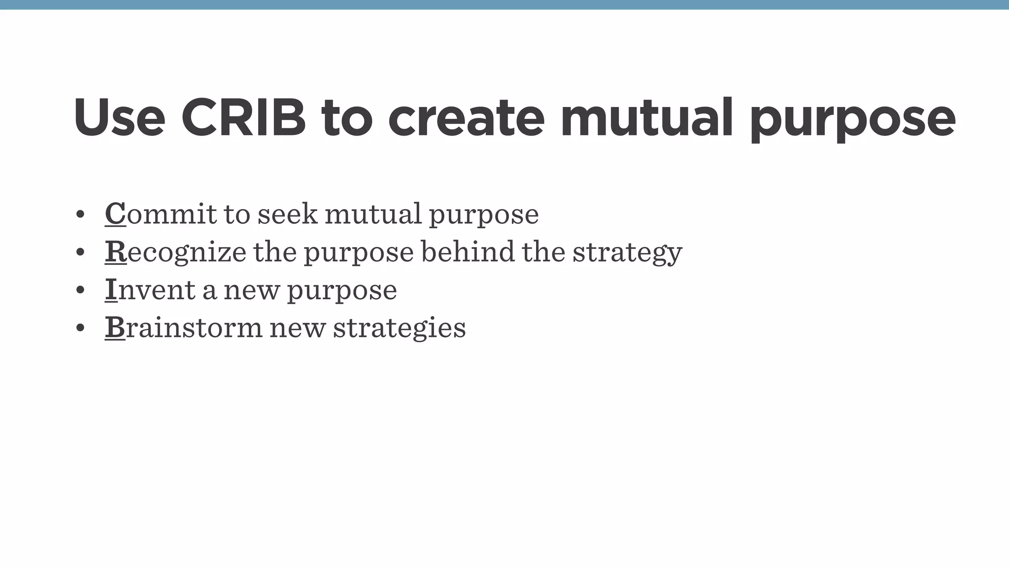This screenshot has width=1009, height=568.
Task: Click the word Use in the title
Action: click(119, 118)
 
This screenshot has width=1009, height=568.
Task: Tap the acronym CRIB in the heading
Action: click(244, 118)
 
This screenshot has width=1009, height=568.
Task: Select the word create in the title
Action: click(466, 118)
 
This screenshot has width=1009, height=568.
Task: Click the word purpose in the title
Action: click(853, 121)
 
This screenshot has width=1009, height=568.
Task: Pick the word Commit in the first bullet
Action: click(161, 214)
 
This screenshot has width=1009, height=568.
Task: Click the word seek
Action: click(288, 214)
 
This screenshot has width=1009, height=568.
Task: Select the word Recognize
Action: click(175, 252)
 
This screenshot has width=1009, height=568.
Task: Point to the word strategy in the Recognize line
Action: click(627, 252)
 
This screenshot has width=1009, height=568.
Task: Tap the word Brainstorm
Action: click(183, 328)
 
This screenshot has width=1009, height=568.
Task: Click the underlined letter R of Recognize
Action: click(116, 252)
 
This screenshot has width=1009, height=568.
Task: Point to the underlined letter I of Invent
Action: click(111, 290)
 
